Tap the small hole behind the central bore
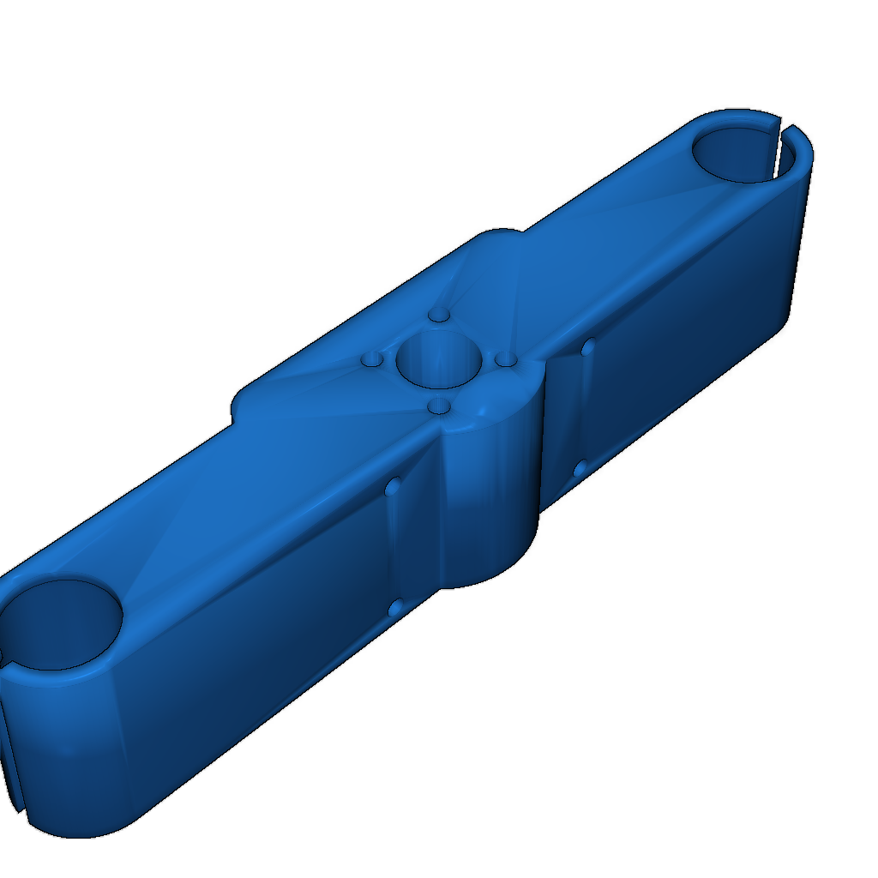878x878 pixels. coord(440,316)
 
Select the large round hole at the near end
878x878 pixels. coord(60,624)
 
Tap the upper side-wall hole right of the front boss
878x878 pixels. coord(588,347)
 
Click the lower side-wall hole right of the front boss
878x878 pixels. coord(580,468)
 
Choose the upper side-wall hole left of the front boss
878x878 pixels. coord(394,487)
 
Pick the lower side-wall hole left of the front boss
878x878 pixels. coord(396,608)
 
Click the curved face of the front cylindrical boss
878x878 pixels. coord(493,489)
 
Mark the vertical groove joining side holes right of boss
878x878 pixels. coord(585,407)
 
